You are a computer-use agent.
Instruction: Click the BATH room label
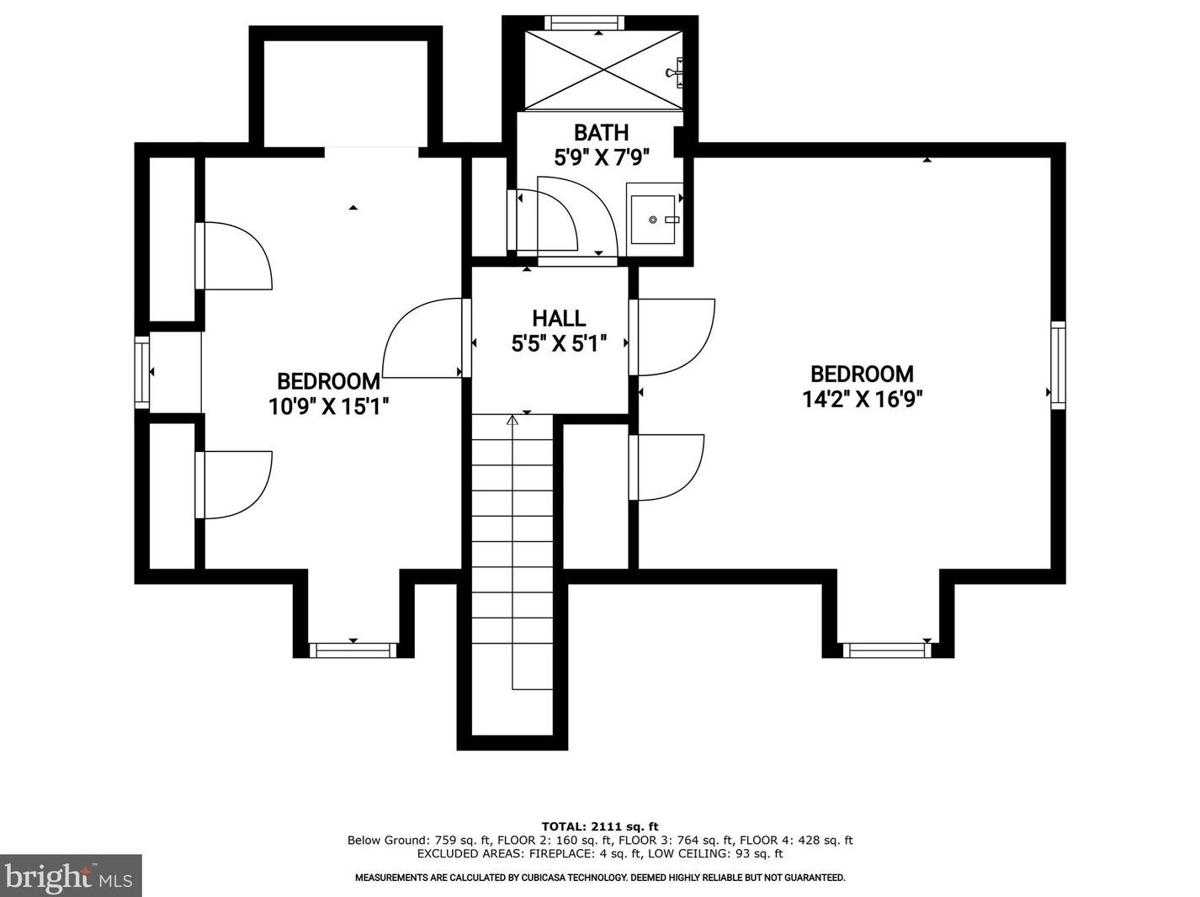pos(601,132)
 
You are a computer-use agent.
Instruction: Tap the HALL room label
pos(559,318)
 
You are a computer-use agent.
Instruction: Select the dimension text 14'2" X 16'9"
pos(863,399)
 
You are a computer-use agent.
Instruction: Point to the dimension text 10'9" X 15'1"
pos(328,406)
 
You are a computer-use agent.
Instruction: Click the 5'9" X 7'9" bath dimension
pos(602,158)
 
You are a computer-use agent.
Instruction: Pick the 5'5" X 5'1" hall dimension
pos(559,343)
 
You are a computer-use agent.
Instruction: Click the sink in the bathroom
pos(653,219)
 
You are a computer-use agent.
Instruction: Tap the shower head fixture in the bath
pos(675,72)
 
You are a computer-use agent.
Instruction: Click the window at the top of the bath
pos(584,23)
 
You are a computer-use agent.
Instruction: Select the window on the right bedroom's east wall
pos(1059,365)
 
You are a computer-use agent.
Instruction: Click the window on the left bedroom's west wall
pos(142,372)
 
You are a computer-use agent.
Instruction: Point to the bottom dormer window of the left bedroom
pos(353,650)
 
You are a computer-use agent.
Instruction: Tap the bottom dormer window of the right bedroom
pos(887,650)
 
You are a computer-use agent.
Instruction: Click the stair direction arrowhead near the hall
pos(512,421)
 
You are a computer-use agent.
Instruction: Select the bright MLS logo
pos(71,876)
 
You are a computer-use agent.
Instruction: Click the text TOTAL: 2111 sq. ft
pos(600,826)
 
